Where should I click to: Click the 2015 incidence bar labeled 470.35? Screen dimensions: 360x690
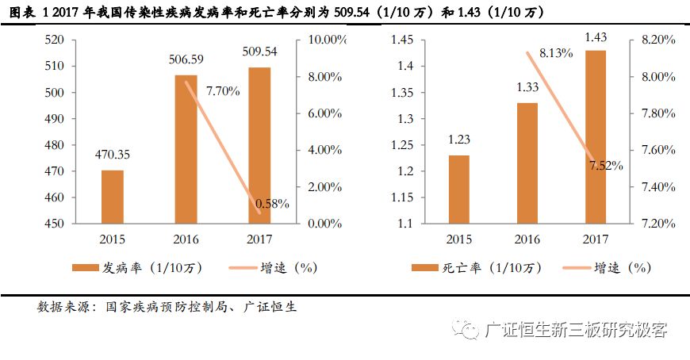(x=112, y=197)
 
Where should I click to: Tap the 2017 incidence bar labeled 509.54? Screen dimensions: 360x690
(x=259, y=145)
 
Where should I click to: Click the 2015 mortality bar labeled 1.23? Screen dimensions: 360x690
(x=458, y=190)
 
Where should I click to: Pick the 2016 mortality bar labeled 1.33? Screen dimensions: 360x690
(x=527, y=163)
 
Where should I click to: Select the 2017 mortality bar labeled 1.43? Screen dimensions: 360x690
(x=596, y=137)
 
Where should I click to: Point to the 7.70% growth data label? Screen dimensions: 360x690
(x=223, y=91)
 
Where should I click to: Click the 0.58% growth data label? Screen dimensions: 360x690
(x=273, y=204)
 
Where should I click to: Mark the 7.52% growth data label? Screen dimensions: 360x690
(x=606, y=166)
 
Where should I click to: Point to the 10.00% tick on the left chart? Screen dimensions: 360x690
(x=327, y=40)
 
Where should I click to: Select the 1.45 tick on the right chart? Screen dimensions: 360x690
(x=404, y=40)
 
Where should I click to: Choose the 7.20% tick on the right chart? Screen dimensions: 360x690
(x=655, y=224)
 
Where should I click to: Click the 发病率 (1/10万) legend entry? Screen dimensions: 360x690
(x=144, y=267)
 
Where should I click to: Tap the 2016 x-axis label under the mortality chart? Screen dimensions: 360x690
(x=527, y=239)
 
